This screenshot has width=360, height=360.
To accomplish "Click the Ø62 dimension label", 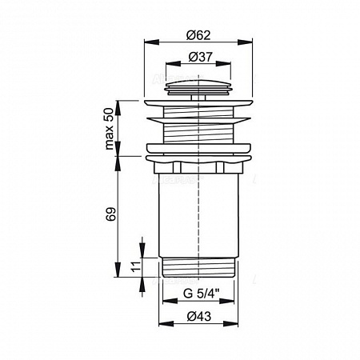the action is point(198,35).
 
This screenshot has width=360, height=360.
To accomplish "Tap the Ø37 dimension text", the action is point(201,57).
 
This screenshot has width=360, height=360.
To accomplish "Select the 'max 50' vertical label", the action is point(109,129).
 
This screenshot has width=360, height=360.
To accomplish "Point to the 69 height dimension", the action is point(111,214).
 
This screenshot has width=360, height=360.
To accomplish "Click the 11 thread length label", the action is point(136,266).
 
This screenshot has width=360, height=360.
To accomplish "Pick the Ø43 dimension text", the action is point(199,316).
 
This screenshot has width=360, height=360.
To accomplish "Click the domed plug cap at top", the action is point(198,86).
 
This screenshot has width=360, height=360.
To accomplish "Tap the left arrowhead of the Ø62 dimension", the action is point(151,42).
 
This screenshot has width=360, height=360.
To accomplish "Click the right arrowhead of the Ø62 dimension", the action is point(245,42).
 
